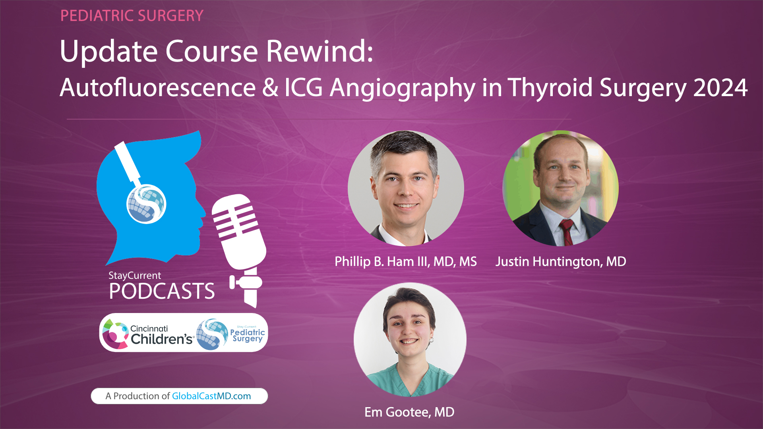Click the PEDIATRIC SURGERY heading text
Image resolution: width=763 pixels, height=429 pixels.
tap(132, 16)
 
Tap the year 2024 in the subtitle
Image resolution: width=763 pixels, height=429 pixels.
tap(720, 88)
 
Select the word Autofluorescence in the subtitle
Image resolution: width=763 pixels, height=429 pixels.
tap(157, 88)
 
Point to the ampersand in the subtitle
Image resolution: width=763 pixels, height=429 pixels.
tap(270, 88)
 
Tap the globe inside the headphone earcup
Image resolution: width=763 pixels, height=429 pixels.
tap(146, 204)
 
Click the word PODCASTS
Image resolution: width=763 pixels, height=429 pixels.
tap(162, 291)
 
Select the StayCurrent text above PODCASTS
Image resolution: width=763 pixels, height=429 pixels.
tap(135, 275)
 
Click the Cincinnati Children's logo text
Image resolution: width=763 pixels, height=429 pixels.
tap(161, 334)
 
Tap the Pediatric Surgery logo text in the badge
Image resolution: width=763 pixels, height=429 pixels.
tap(247, 335)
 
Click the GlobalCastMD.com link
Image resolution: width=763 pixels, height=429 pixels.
tap(211, 396)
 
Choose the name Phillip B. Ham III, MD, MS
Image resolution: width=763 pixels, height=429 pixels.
tap(405, 261)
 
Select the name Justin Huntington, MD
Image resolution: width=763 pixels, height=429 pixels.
tap(560, 261)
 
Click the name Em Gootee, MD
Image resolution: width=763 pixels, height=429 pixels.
tap(409, 412)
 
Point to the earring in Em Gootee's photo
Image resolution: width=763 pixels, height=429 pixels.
tap(431, 340)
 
